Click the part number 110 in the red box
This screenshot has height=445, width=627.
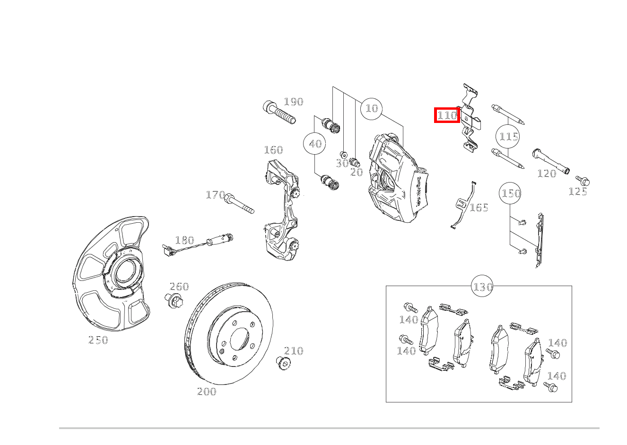(x=447, y=115)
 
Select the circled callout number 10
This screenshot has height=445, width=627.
(x=372, y=109)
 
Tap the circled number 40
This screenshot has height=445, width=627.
(x=314, y=144)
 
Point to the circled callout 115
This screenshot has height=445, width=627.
(x=507, y=137)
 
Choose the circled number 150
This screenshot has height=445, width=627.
(x=510, y=193)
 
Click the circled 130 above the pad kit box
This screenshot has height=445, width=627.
(x=482, y=286)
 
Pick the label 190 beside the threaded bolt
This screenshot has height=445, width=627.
(x=294, y=102)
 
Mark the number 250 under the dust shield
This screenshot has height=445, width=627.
(x=98, y=340)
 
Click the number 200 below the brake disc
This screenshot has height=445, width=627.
(x=207, y=392)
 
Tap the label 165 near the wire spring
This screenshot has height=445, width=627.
(x=479, y=208)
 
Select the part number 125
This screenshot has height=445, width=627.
(x=578, y=192)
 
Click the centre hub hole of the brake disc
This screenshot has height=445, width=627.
(x=239, y=339)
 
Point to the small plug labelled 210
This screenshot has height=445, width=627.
(x=283, y=363)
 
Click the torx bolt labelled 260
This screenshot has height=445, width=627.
(x=174, y=301)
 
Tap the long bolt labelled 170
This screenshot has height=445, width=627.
(x=239, y=203)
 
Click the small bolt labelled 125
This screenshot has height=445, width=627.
(x=583, y=181)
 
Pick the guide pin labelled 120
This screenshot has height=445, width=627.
(x=551, y=161)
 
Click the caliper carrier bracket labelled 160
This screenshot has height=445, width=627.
(x=281, y=210)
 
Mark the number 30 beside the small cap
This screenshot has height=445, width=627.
(x=342, y=163)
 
